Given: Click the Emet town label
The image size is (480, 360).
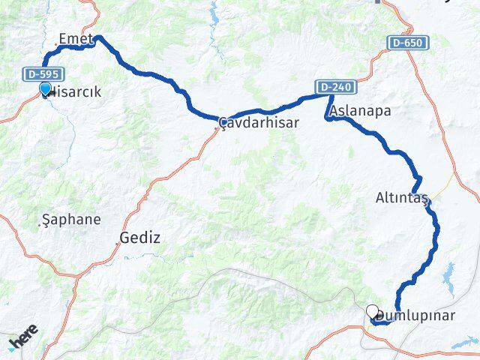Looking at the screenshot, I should [x=75, y=38].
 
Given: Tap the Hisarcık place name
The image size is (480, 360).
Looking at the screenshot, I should [x=73, y=92].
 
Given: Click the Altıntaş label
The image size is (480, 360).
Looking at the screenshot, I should [x=401, y=199].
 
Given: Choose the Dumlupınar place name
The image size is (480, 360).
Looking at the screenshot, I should [x=417, y=315].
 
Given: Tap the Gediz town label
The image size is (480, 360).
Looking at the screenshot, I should [x=140, y=238].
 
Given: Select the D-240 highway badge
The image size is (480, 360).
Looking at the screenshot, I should [x=334, y=88].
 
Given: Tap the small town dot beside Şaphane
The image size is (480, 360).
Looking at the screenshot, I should [x=40, y=221].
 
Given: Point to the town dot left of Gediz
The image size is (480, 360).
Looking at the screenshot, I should [x=118, y=241].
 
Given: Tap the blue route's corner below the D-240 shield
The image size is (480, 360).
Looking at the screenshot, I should [x=328, y=118].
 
